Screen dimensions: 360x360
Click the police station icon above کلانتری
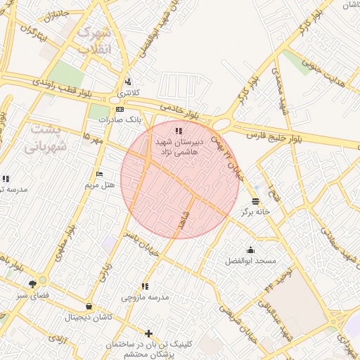coord(128,82)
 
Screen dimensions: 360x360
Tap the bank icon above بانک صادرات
coord(120,109)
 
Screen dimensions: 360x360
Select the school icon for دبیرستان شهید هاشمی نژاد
coord(180,131)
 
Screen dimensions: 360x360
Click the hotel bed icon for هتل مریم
coord(99,174)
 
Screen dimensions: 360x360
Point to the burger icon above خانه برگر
coord(255,200)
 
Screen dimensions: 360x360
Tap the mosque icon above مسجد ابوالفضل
coord(251,250)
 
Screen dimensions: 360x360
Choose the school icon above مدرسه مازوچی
coord(145,286)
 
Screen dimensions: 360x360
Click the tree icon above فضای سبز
coord(32,285)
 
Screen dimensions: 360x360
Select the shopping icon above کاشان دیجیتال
coord(88,306)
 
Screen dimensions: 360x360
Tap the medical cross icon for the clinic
coord(148,333)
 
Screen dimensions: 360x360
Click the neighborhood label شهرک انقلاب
coord(95,41)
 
